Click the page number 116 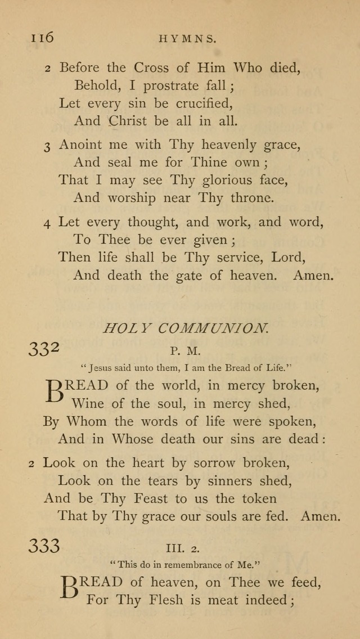(42, 37)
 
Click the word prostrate (170, 86)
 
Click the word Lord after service (287, 258)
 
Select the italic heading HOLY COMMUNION (185, 328)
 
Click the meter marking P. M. (185, 351)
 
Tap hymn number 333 (44, 545)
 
